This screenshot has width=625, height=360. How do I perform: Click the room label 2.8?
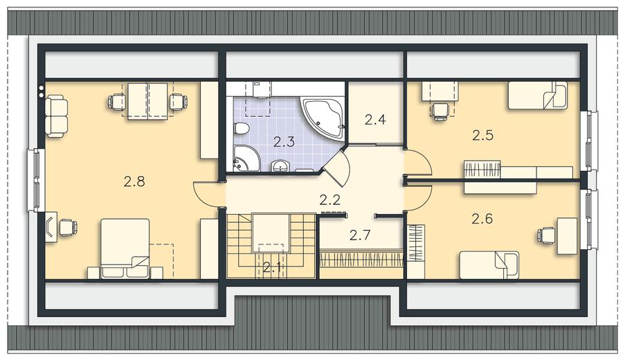coord(134,182)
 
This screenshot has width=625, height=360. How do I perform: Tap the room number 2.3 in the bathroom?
coord(284,141)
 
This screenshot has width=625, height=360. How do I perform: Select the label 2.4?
coord(375,119)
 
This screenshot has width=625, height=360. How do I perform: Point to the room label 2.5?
coord(482,136)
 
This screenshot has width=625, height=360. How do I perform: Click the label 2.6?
coord(482,219)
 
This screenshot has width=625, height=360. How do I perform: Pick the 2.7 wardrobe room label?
coord(360,235)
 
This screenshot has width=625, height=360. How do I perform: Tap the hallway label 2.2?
coord(330,199)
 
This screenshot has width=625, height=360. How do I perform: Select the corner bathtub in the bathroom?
coord(325,118)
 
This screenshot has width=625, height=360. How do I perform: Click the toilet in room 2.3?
coord(242,128)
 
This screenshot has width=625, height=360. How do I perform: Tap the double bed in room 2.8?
coord(125,248)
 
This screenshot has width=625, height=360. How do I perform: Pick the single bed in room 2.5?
coord(537,95)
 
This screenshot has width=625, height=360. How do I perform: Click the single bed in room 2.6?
coord(489,265)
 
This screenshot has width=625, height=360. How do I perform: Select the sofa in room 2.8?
coord(56,116)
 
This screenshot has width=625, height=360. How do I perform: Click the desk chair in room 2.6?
coord(546,235)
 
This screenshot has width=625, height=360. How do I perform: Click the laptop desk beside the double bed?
coord(51,227)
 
